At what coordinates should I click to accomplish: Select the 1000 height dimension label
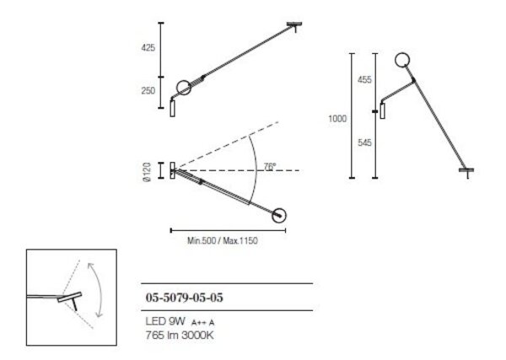(336, 119)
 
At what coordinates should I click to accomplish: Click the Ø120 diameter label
(147, 171)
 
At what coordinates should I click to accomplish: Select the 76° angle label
(269, 167)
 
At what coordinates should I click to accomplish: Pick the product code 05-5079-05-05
(185, 298)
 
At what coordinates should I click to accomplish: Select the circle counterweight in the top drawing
(183, 88)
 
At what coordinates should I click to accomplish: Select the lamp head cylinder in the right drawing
(382, 110)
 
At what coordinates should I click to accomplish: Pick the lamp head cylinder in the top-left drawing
(174, 108)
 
